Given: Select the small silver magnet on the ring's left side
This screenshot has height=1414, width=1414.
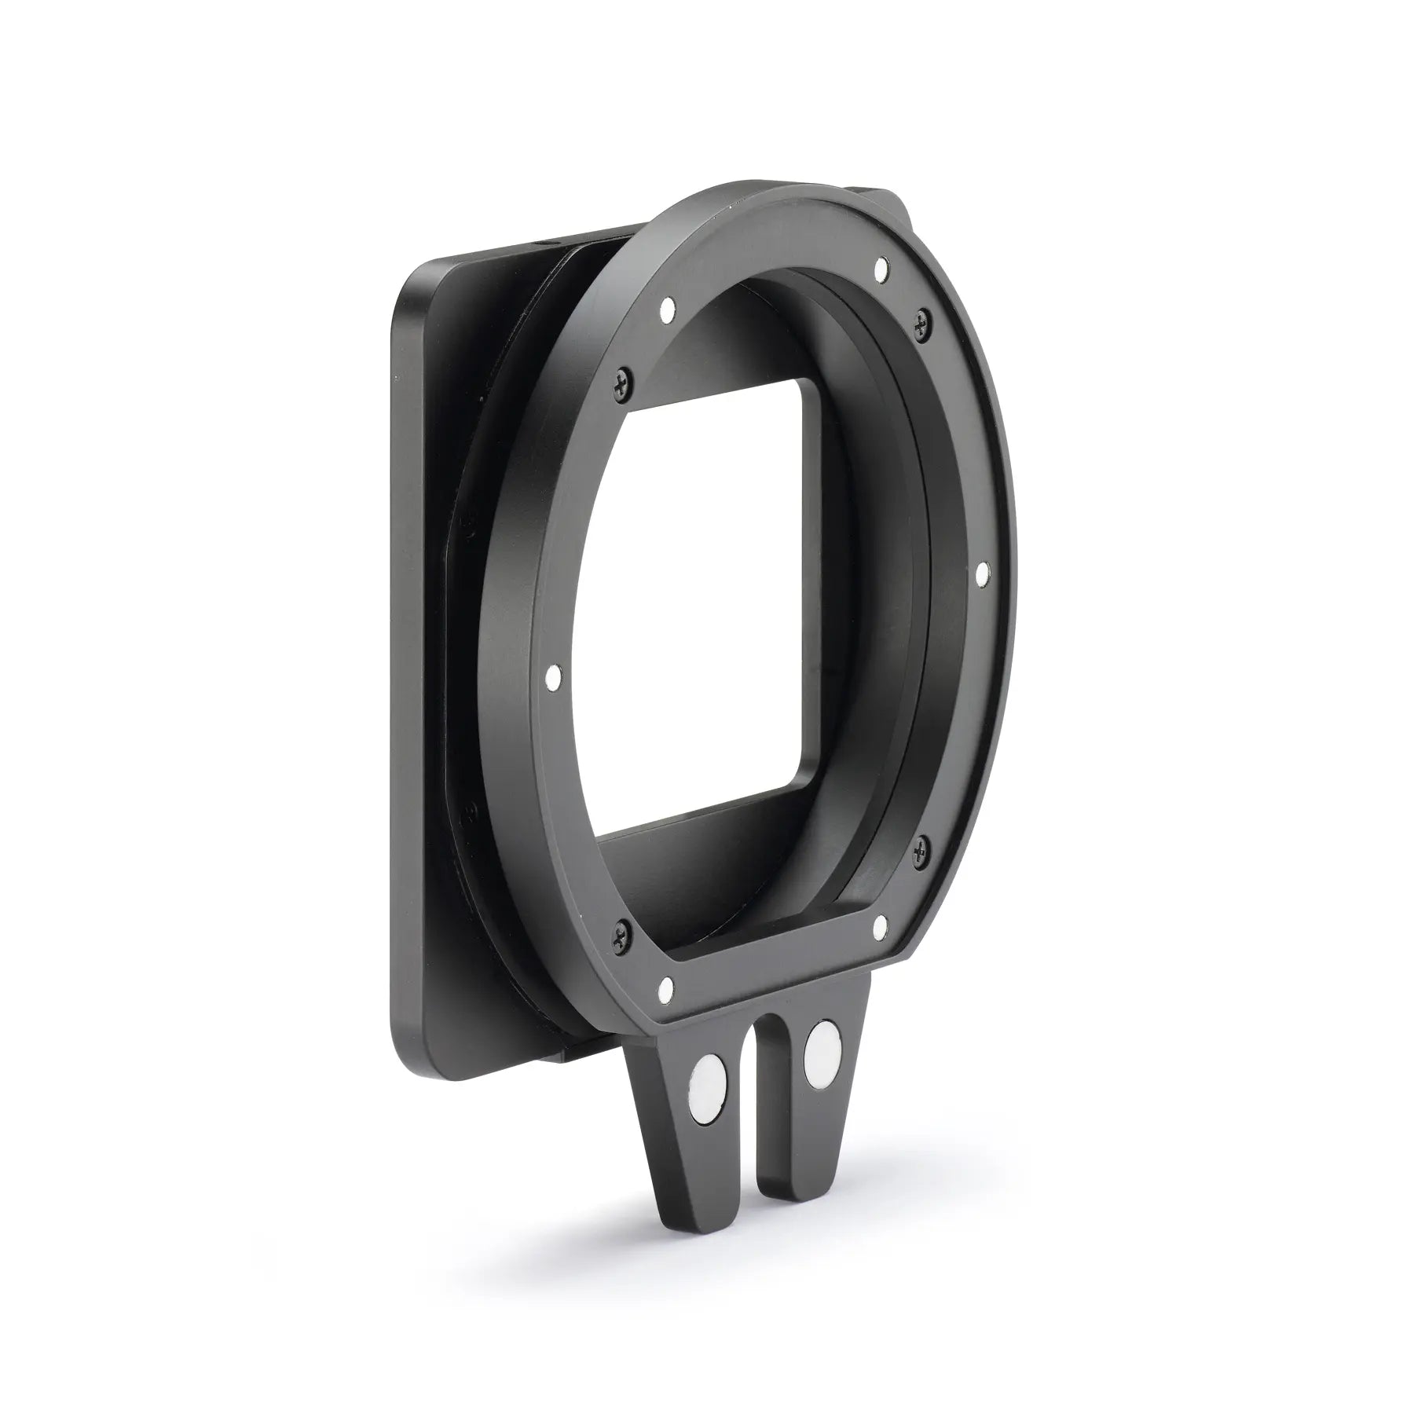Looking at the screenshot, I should coord(553,674).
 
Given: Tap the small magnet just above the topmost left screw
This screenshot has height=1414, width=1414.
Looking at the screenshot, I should coord(669,310).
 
